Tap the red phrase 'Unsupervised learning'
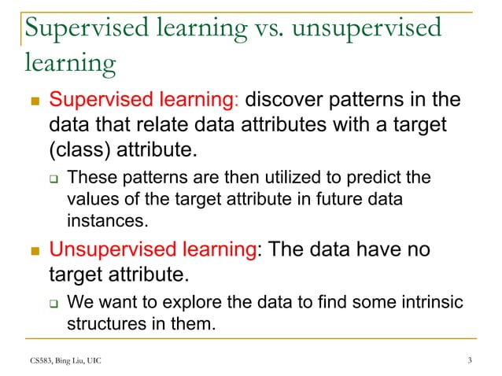point(153,252)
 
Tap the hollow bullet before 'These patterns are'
point(54,179)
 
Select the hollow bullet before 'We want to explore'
point(54,303)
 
